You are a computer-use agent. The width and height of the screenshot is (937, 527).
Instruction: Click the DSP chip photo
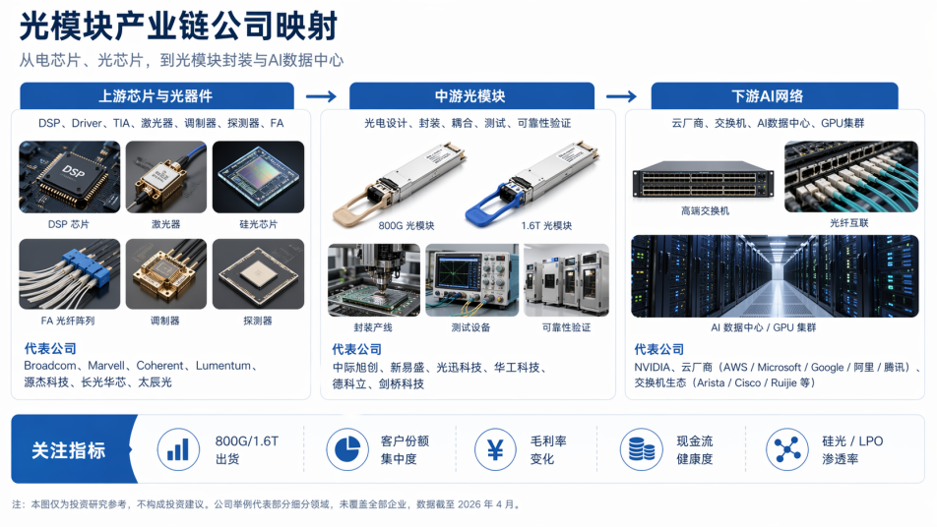(x=69, y=177)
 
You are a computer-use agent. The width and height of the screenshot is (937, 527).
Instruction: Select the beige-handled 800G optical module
(x=400, y=184)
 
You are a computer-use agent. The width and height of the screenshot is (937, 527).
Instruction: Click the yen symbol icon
(x=495, y=449)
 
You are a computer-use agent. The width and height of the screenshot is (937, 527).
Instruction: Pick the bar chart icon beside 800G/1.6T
(x=178, y=449)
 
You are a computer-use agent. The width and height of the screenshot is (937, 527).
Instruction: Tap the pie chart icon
(x=347, y=449)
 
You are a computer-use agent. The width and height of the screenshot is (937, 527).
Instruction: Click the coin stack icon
(x=641, y=449)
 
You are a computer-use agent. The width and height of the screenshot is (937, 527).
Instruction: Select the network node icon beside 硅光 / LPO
(x=787, y=449)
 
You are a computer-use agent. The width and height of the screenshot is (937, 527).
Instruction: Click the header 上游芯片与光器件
(x=156, y=96)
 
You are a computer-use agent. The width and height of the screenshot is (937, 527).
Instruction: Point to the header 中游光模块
(x=470, y=96)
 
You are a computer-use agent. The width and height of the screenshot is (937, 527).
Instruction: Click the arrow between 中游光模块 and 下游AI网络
(x=621, y=96)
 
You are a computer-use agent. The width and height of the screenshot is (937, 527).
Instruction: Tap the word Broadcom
(x=50, y=365)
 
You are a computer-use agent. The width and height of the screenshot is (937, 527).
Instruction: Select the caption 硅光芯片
(x=258, y=224)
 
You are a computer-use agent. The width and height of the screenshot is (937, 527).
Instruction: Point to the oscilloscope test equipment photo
(x=472, y=280)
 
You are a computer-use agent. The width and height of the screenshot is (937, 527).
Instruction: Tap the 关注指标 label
(x=69, y=450)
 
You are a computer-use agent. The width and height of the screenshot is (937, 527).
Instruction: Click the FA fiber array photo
(x=69, y=274)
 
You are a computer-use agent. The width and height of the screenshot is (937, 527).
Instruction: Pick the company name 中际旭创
(x=355, y=368)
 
